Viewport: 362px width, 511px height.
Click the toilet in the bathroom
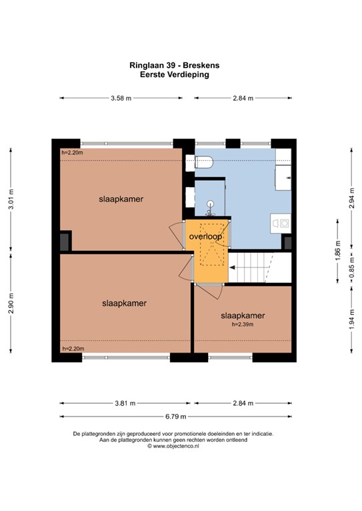click(x=201, y=161)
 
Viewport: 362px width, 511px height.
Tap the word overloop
click(x=205, y=236)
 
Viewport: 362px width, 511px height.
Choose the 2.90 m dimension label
click(x=11, y=303)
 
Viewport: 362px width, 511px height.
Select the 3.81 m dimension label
click(x=124, y=403)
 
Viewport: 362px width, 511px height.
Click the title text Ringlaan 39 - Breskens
click(x=179, y=66)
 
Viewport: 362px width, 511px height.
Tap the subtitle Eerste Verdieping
click(x=179, y=75)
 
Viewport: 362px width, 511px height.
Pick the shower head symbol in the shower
click(x=210, y=205)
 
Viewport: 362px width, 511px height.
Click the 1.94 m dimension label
click(x=351, y=319)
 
